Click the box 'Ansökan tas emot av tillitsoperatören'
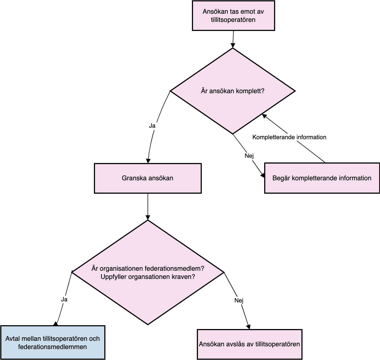[234, 15]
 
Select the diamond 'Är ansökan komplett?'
[233, 91]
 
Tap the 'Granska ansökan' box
[148, 178]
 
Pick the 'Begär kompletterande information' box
[322, 178]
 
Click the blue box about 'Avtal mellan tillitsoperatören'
[53, 342]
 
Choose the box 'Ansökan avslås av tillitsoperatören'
[249, 344]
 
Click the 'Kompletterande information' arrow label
[289, 137]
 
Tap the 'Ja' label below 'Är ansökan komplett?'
[152, 126]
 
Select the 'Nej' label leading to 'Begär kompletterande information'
[249, 156]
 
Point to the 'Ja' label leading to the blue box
[64, 299]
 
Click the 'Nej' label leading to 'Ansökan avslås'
[239, 300]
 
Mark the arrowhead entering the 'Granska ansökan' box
[148, 161]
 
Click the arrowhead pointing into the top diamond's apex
[233, 45]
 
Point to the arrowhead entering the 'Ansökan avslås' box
[249, 327]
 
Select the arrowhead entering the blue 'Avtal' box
[56, 324]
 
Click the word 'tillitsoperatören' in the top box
[233, 20]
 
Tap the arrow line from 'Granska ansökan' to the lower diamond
[148, 207]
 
